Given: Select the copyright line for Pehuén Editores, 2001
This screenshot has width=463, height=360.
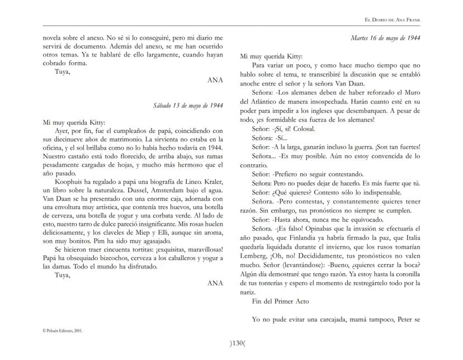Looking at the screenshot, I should click(63, 330).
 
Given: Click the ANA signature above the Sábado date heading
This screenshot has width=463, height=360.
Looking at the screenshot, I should click(215, 80).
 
